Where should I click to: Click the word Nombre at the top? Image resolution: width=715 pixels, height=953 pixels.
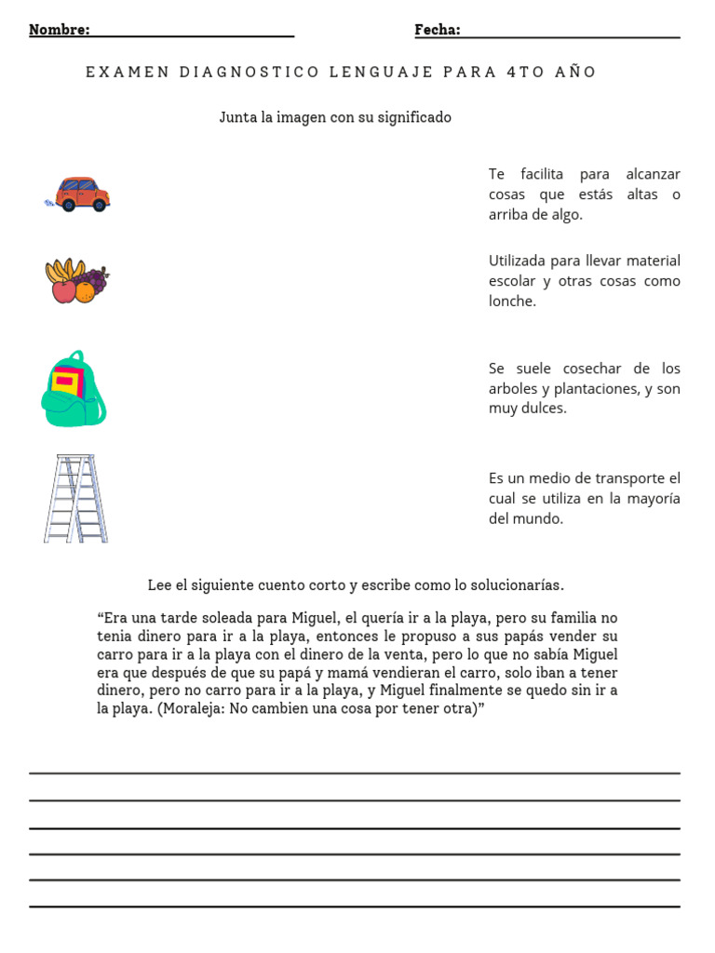coord(59,30)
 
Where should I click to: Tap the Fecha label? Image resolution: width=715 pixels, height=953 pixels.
coord(437,30)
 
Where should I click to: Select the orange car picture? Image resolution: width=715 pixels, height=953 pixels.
coord(81,194)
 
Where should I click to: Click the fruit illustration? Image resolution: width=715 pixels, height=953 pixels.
coord(77,280)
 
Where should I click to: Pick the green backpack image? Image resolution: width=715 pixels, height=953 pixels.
coord(74,389)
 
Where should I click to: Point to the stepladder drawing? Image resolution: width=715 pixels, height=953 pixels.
coord(75,498)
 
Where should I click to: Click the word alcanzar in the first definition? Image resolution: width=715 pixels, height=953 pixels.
coord(653,174)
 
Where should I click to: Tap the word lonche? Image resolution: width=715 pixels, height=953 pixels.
coord(512,302)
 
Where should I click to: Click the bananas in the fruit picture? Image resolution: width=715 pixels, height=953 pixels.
coord(63,270)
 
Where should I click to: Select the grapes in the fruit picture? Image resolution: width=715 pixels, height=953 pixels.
coord(93,277)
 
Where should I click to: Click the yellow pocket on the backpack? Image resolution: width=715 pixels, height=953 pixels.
coord(66,381)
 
